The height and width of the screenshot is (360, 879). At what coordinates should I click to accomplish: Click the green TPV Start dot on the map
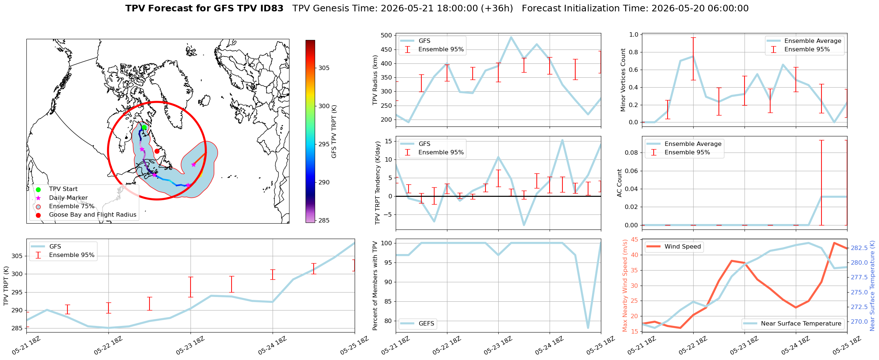pos(144,128)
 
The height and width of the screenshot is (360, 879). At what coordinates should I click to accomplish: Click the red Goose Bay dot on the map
pos(157,151)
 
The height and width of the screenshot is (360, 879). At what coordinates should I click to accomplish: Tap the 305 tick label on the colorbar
pos(324,68)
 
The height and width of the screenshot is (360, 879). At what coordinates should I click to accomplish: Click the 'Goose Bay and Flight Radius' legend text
pos(93,215)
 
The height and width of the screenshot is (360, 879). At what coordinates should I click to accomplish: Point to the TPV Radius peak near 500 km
pos(511,37)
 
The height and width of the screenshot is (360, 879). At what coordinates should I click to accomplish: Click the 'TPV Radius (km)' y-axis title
pos(375,80)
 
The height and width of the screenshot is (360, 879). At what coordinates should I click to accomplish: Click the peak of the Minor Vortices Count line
pos(693,56)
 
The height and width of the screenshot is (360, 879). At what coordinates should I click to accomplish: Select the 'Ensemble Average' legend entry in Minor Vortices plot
pos(805,41)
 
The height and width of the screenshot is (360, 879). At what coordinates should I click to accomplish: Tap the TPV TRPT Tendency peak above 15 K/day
pos(562,140)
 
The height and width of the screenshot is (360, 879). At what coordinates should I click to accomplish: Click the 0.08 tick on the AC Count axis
pos(632,153)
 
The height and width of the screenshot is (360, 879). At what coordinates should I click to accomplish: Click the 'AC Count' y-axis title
pos(620,183)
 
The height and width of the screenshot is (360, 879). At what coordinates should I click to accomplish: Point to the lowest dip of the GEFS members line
pos(588,328)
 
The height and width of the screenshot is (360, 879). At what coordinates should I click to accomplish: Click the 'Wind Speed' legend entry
pos(673,247)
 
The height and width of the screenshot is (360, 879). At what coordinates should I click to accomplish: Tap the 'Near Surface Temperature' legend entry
pos(793,323)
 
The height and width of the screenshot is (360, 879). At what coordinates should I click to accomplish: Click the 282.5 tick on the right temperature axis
pos(858,248)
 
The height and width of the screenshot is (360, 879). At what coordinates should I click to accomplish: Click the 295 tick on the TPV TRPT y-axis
pos(18,292)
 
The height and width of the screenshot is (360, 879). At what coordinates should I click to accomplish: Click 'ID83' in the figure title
pos(270,8)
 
